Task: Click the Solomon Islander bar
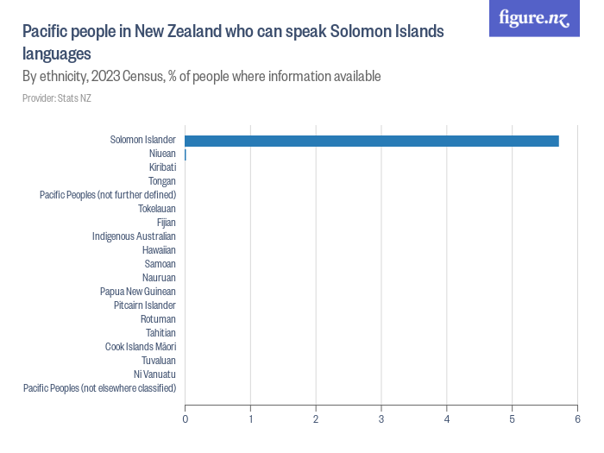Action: [371, 141]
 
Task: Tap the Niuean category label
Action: [162, 154]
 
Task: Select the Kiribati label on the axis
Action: [162, 167]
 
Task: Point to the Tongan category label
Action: [162, 181]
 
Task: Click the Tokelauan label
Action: [157, 209]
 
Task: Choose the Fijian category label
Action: [166, 223]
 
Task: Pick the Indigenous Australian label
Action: [134, 236]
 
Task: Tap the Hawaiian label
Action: [160, 250]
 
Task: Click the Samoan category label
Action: [160, 264]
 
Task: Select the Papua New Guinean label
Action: [138, 292]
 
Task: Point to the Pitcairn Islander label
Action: [145, 305]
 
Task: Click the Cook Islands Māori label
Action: [141, 347]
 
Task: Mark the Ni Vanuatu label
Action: [155, 374]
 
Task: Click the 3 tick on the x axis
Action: [381, 419]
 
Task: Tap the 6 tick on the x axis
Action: [577, 419]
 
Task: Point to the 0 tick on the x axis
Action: [186, 419]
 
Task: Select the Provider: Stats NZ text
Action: [57, 98]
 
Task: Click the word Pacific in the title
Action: [44, 33]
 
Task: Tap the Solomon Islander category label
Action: [143, 140]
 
